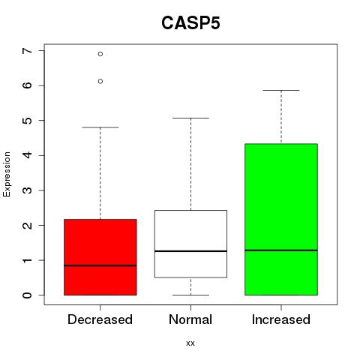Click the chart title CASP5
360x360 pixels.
(190, 23)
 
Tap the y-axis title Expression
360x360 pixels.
(7, 174)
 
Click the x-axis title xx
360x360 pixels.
(190, 343)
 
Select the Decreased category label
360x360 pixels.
(100, 319)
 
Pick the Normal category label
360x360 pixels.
(190, 319)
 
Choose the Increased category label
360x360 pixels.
(281, 319)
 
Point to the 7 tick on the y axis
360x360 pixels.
(27, 51)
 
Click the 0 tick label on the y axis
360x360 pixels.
(27, 295)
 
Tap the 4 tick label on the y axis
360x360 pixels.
(27, 155)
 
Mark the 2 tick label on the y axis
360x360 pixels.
(27, 225)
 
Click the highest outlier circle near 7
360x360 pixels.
(100, 54)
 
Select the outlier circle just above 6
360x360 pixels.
(100, 81)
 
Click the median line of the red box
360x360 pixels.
(100, 265)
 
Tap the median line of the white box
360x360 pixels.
(190, 251)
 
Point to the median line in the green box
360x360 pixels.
(281, 250)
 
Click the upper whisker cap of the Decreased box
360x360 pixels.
(100, 127)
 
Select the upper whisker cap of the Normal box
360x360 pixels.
(190, 118)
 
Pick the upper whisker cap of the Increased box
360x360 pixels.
(281, 90)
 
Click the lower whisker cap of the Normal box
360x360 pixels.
(190, 295)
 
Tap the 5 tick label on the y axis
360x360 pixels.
(27, 121)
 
